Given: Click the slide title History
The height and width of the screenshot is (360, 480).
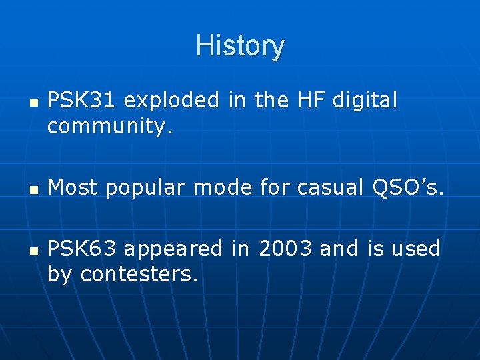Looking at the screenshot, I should tap(240, 46).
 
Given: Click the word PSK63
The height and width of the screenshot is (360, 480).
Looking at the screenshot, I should tap(83, 249).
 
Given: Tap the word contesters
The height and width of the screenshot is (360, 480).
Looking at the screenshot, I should tap(139, 274).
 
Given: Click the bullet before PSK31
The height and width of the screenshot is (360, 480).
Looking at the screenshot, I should tap(32, 103).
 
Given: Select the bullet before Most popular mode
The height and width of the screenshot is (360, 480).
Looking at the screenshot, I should tap(32, 190).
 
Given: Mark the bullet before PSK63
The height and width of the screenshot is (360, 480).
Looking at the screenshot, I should tap(32, 251).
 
